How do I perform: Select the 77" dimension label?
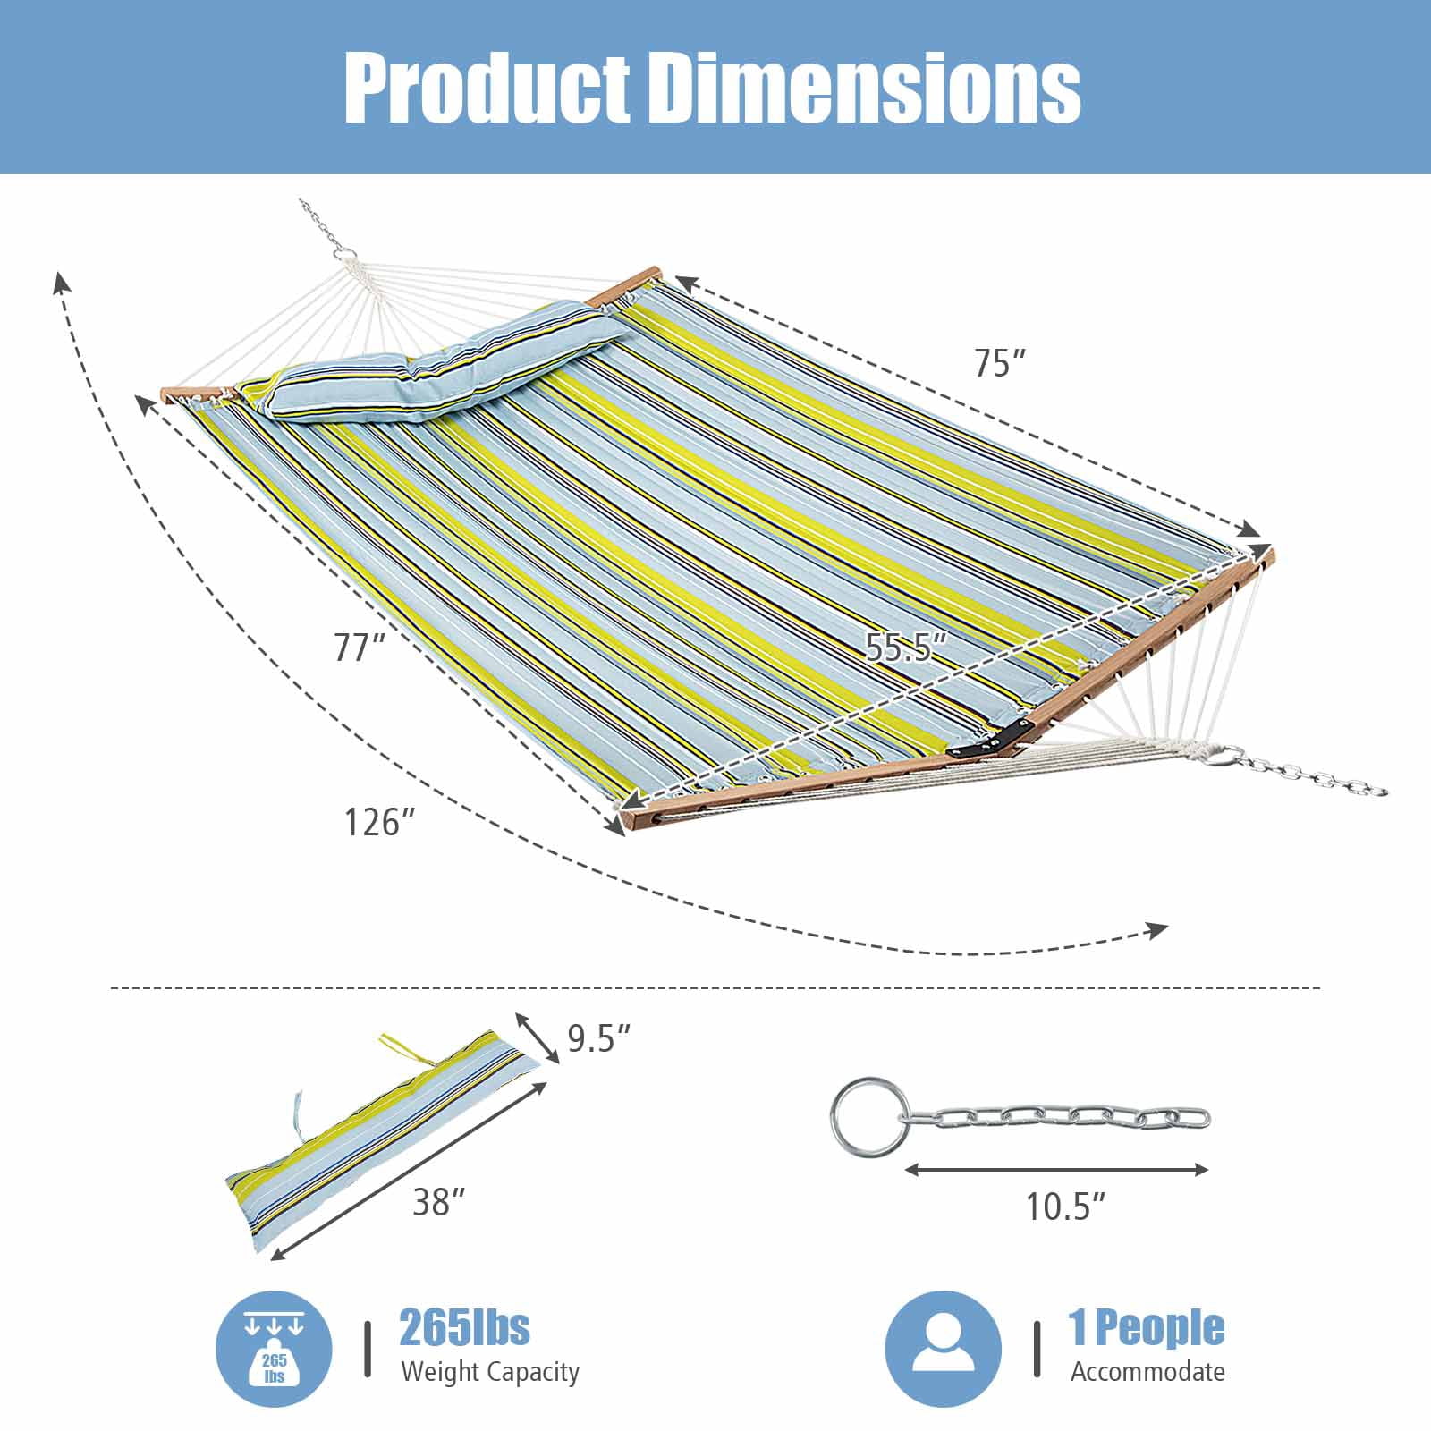[x=360, y=647]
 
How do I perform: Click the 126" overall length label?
[x=380, y=822]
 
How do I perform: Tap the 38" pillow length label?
[x=438, y=1202]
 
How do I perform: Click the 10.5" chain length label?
[x=1065, y=1207]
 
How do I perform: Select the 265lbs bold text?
[x=464, y=1327]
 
